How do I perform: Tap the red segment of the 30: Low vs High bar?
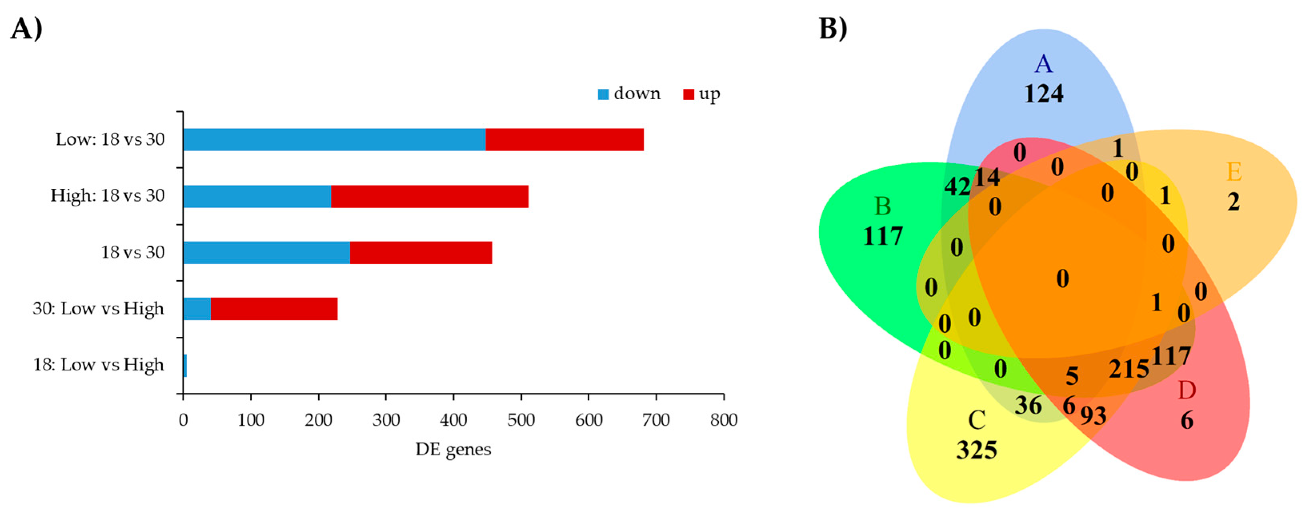(x=274, y=309)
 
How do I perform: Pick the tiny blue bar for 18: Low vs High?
(x=185, y=365)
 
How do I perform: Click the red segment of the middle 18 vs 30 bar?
(x=421, y=252)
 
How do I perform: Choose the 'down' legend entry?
(x=629, y=94)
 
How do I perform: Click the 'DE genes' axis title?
(x=453, y=450)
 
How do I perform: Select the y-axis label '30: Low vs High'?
(x=98, y=309)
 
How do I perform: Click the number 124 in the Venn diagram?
(x=1044, y=94)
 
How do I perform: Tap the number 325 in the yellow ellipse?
(x=976, y=450)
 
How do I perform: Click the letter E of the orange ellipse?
(x=1234, y=172)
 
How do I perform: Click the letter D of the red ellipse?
(x=1186, y=391)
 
